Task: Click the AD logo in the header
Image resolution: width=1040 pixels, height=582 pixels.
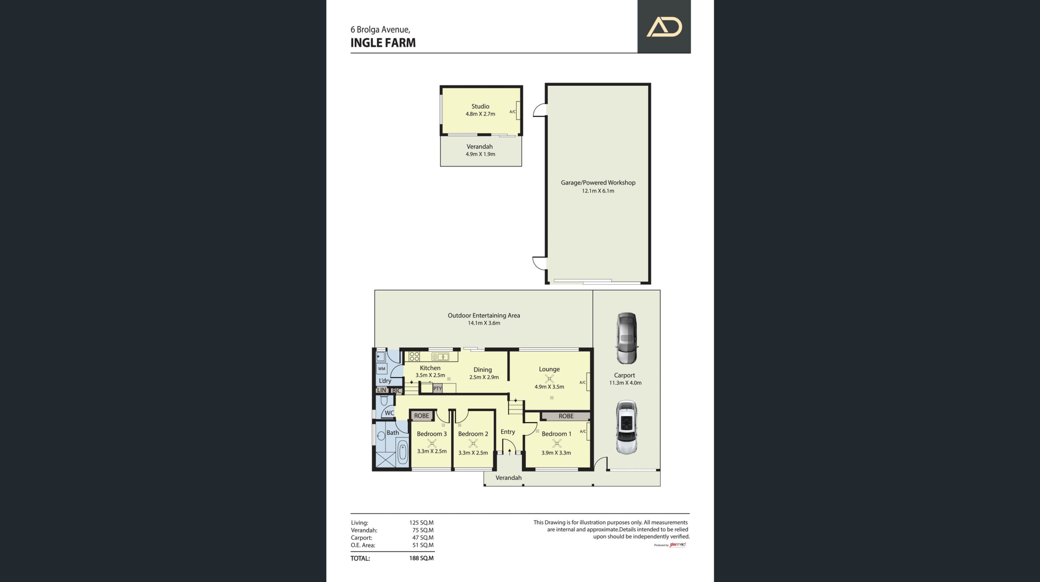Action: [664, 27]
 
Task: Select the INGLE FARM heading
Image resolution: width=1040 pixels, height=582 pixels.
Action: [383, 43]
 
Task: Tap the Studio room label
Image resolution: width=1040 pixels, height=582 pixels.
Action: [480, 106]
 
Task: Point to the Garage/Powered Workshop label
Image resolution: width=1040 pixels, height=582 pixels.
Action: [598, 183]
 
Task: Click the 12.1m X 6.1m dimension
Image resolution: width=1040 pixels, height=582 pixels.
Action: [598, 191]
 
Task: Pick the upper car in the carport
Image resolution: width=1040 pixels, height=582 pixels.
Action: [626, 338]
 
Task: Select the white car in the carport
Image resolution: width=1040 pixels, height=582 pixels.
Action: [626, 427]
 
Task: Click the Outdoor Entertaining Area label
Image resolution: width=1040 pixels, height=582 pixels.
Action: [484, 315]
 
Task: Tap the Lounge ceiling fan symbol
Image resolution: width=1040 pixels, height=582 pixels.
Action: [549, 379]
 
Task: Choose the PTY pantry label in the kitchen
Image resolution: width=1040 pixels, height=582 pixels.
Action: [438, 388]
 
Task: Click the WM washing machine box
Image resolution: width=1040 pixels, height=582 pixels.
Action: [382, 369]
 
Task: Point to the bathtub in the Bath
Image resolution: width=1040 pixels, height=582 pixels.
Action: [402, 452]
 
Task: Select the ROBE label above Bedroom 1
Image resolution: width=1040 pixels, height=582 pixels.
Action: [566, 416]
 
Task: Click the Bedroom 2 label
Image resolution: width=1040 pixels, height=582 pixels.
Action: [473, 434]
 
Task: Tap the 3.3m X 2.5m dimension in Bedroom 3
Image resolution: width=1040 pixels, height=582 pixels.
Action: [432, 451]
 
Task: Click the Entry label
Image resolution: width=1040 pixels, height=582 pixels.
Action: [508, 432]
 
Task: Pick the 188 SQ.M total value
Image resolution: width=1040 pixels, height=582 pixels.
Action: [421, 558]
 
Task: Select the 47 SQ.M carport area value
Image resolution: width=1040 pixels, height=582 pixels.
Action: [423, 538]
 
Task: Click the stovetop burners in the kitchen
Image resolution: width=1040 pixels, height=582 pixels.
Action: [414, 357]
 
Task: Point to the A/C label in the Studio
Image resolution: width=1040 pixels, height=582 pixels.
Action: [513, 111]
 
